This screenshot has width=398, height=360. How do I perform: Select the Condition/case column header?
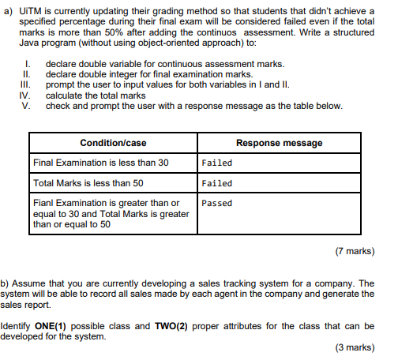114,143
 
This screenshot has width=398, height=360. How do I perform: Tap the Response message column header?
279,143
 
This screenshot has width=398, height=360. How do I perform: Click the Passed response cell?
216,203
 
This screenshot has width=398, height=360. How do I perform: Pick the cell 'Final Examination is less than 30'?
101,163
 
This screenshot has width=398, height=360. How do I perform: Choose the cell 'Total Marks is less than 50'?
88,183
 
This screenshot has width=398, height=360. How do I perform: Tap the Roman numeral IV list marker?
24,95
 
